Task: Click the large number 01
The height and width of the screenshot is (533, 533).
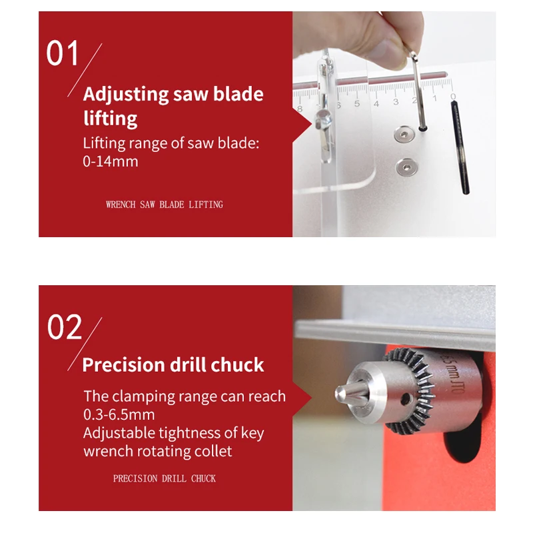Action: point(62,53)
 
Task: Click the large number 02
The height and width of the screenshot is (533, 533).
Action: point(65,326)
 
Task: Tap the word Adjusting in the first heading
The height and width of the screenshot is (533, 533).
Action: point(126,95)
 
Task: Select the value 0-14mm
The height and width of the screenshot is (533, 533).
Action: point(111,161)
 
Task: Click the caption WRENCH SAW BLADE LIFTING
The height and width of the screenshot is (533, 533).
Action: point(165,205)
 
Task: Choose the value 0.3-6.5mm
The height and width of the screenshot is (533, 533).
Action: point(119,414)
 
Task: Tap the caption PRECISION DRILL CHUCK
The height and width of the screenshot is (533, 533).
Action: point(165,478)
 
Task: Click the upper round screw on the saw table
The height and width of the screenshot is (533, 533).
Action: point(404,135)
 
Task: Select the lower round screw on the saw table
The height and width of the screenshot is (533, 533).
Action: point(406,167)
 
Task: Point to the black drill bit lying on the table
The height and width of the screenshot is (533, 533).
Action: point(460,148)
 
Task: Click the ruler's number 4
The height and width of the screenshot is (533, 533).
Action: point(376,104)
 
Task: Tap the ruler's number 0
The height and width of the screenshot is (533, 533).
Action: point(453,97)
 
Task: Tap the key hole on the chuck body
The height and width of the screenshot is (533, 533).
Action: point(406,399)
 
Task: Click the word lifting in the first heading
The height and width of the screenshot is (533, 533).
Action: point(111,119)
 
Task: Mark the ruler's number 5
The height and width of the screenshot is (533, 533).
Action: point(357,104)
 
